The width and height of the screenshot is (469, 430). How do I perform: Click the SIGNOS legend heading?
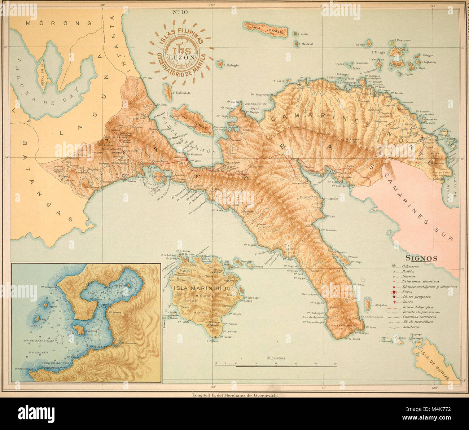pyautogui.click(x=421, y=258)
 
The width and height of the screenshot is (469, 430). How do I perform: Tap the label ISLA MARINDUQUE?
pyautogui.click(x=204, y=288)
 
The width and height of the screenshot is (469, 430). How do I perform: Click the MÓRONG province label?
pyautogui.click(x=59, y=23)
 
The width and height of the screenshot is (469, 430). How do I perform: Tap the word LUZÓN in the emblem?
pyautogui.click(x=180, y=57)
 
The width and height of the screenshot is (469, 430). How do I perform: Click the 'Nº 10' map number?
pyautogui.click(x=180, y=12)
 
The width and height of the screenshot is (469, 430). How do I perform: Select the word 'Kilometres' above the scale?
pyautogui.click(x=276, y=358)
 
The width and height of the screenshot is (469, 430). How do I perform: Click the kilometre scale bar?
pyautogui.click(x=276, y=365)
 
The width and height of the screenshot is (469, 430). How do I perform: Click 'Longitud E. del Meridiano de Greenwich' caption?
pyautogui.click(x=234, y=395)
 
